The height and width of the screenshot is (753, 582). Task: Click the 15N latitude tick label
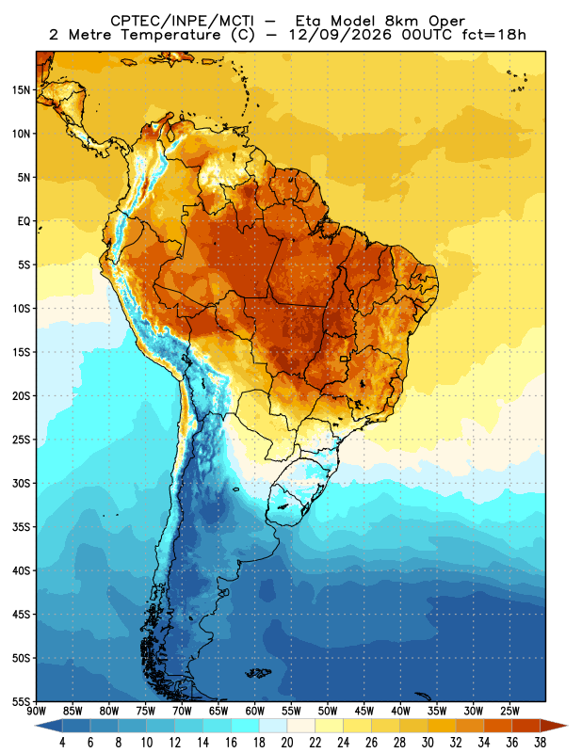[x=21, y=89]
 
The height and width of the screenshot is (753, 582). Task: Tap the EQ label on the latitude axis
[x=24, y=221]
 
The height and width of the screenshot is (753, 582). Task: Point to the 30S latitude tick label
[x=21, y=484]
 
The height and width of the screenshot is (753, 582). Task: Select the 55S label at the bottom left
[x=21, y=702]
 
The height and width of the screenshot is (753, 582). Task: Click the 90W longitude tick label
[x=37, y=712]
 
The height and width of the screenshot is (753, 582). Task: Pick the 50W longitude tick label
[x=328, y=712]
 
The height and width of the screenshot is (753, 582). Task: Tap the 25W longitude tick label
[x=509, y=712]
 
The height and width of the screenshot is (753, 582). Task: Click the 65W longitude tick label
[x=218, y=712]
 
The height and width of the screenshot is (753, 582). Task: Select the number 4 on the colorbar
[x=62, y=743]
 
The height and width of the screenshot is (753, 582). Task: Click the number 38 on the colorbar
[x=540, y=743]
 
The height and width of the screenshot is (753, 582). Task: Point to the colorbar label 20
[x=287, y=743]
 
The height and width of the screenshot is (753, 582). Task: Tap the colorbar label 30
[x=428, y=743]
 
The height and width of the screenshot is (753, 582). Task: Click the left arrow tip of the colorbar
[x=35, y=726]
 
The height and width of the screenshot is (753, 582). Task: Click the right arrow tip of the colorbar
[x=568, y=726]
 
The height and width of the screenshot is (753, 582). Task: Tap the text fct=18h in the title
[x=493, y=35]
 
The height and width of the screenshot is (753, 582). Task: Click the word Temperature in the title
[x=170, y=35]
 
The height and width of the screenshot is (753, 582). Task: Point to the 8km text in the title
[x=401, y=21]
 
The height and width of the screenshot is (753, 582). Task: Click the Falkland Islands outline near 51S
[x=259, y=673]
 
